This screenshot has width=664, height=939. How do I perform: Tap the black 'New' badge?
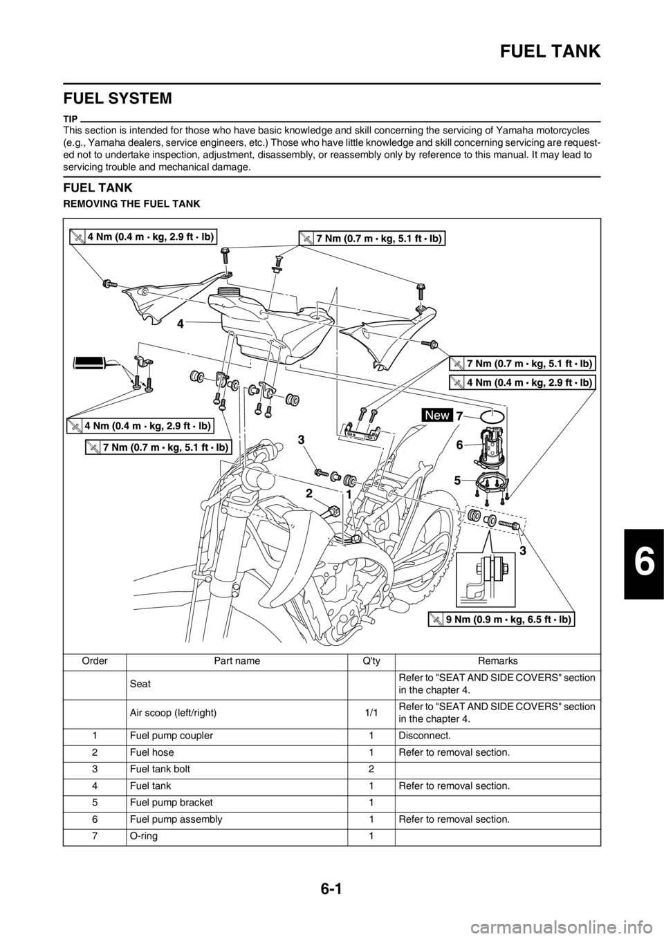437,415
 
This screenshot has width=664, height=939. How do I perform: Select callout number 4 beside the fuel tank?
180,323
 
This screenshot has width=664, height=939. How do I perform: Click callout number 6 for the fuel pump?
461,446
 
